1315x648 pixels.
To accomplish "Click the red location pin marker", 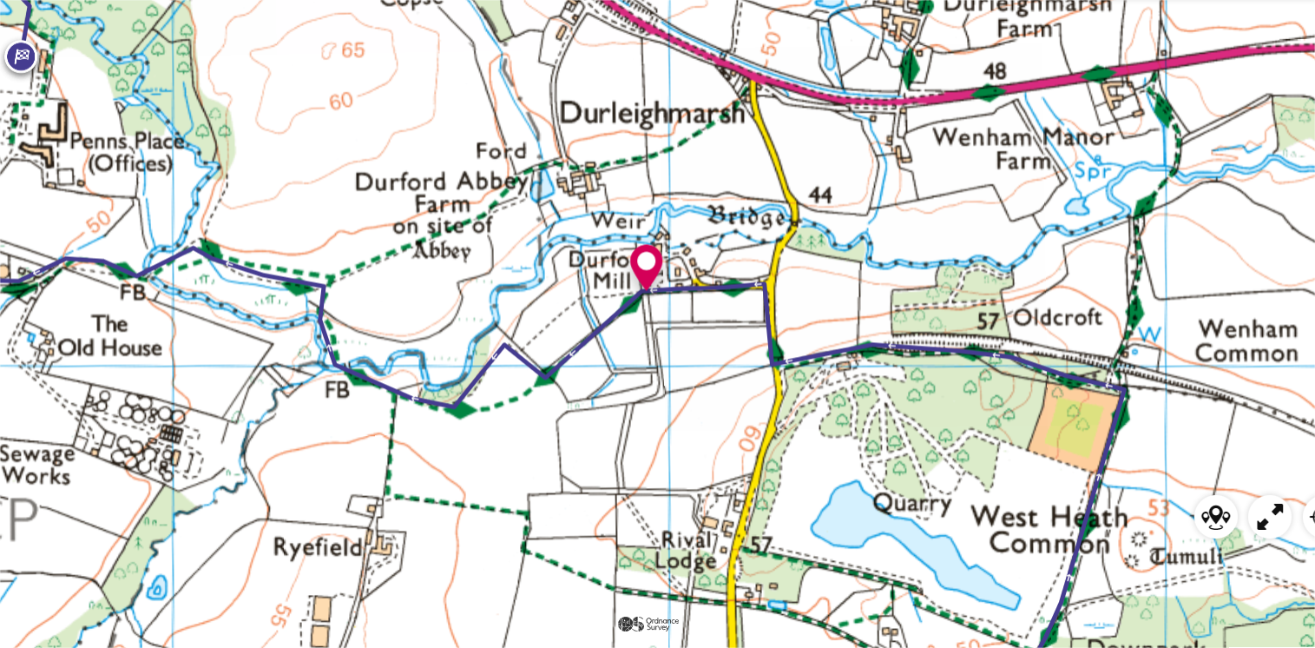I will tap(647, 266).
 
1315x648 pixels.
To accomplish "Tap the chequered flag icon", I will tap(22, 56).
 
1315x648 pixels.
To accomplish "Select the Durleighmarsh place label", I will tap(653, 114).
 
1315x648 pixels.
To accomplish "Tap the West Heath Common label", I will tap(1049, 530).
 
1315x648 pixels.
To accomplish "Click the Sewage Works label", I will tap(36, 465).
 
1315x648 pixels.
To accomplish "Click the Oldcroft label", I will tap(1057, 317).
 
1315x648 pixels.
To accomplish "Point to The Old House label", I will tap(109, 335).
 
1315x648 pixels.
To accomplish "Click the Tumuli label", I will tap(1187, 557).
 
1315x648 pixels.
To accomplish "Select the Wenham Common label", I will tap(1246, 341).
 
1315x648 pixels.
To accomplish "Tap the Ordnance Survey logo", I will tap(648, 624).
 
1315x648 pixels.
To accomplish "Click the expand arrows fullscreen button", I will tap(1270, 518).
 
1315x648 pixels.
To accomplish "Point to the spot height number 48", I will tap(995, 70).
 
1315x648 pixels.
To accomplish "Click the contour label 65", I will tap(352, 50).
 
